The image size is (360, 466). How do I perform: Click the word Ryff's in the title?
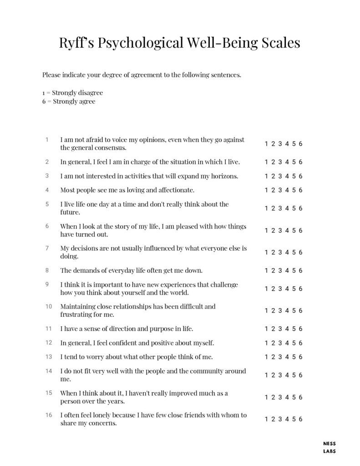[x=79, y=43]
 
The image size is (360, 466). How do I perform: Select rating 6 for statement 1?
[x=301, y=144]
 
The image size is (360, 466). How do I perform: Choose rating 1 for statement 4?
[x=266, y=190]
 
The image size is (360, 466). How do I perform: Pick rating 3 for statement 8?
[x=280, y=270]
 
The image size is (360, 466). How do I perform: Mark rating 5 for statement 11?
[x=294, y=329]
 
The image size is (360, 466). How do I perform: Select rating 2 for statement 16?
[x=273, y=419]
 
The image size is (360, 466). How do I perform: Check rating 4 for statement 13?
[x=287, y=357]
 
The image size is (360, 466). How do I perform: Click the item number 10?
[x=49, y=306]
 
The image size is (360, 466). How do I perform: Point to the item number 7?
[x=47, y=248]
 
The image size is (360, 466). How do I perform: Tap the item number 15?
[x=49, y=393]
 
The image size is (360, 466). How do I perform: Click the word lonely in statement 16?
[x=104, y=415]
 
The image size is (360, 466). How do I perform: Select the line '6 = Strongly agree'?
[x=69, y=101]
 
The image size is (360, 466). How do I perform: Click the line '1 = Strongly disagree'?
[x=73, y=93]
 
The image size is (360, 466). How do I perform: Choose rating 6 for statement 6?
[x=301, y=230]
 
